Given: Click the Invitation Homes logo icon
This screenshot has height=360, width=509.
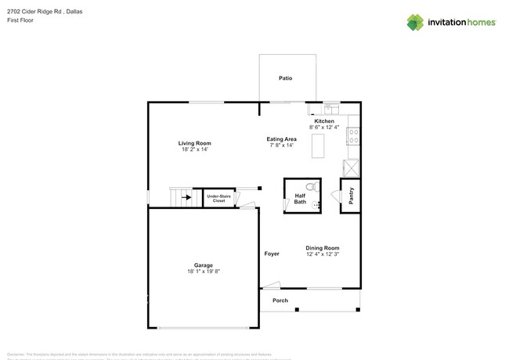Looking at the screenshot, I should (415, 23).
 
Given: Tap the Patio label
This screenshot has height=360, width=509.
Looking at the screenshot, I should (286, 78).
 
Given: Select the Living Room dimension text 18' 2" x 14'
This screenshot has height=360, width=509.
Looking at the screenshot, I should (194, 149).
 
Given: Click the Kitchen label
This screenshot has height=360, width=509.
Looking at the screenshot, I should (324, 121).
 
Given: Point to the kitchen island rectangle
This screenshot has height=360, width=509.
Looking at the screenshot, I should (318, 146).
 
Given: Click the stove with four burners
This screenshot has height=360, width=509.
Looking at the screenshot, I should (353, 136).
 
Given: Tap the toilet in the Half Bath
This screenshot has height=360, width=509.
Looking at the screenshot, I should (311, 188).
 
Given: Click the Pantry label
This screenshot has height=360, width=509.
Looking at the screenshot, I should (351, 196).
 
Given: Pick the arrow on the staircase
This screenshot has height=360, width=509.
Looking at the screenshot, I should (186, 198).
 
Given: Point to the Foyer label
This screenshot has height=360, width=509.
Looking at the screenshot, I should (272, 254).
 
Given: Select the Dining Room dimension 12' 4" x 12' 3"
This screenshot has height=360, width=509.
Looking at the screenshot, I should (323, 254).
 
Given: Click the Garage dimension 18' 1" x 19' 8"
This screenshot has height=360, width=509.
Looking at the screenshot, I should (204, 272).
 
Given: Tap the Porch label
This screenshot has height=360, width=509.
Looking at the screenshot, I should (280, 301).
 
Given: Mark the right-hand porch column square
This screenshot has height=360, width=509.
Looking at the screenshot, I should (358, 310).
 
